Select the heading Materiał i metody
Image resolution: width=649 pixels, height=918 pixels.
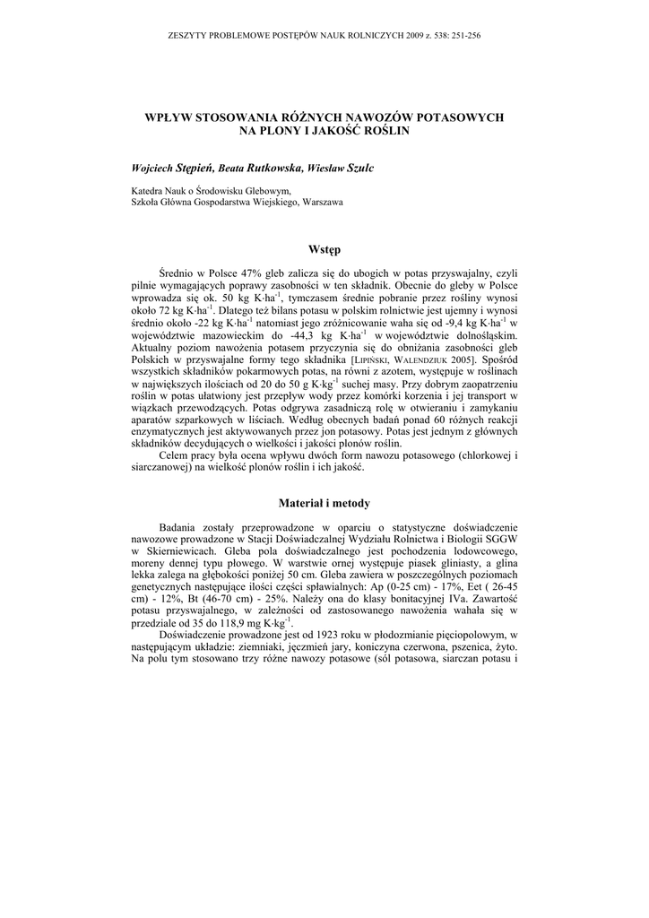tap(324, 503)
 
